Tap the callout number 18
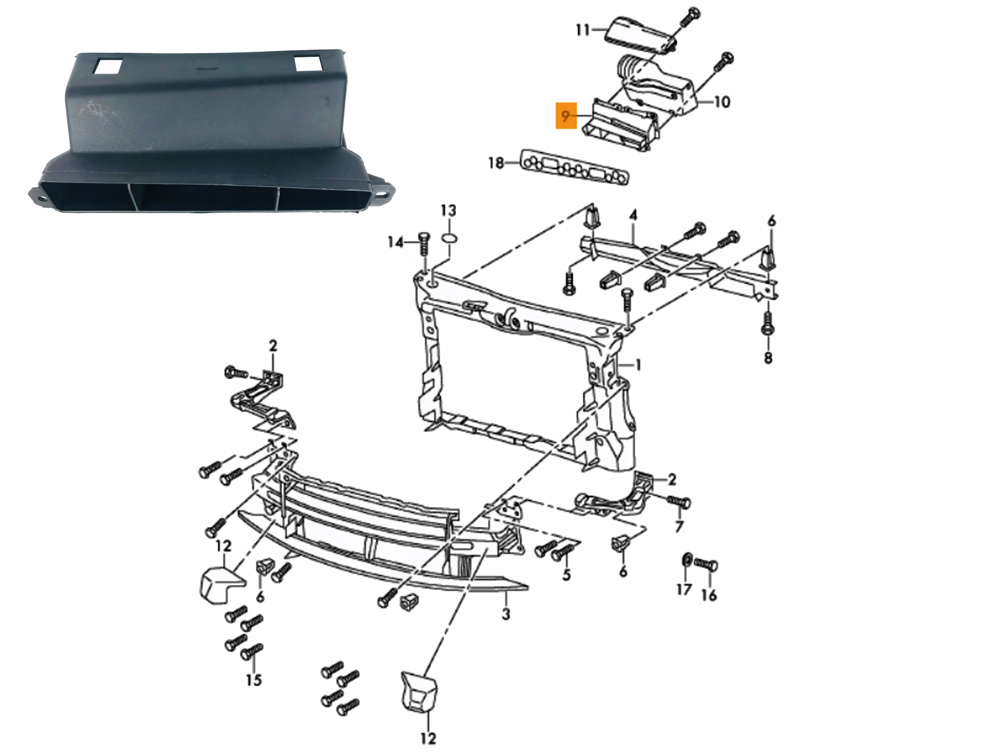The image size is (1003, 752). click(x=496, y=163)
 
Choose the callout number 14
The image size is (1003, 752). click(x=395, y=242)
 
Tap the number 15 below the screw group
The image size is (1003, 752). click(x=254, y=680)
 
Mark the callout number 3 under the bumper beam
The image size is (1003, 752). click(x=505, y=614)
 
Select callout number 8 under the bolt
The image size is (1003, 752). click(x=768, y=358)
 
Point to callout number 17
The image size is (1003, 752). click(x=684, y=589)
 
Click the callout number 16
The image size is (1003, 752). click(x=709, y=595)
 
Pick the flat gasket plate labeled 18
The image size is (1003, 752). click(x=576, y=167)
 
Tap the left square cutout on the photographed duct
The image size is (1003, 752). click(x=107, y=67)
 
